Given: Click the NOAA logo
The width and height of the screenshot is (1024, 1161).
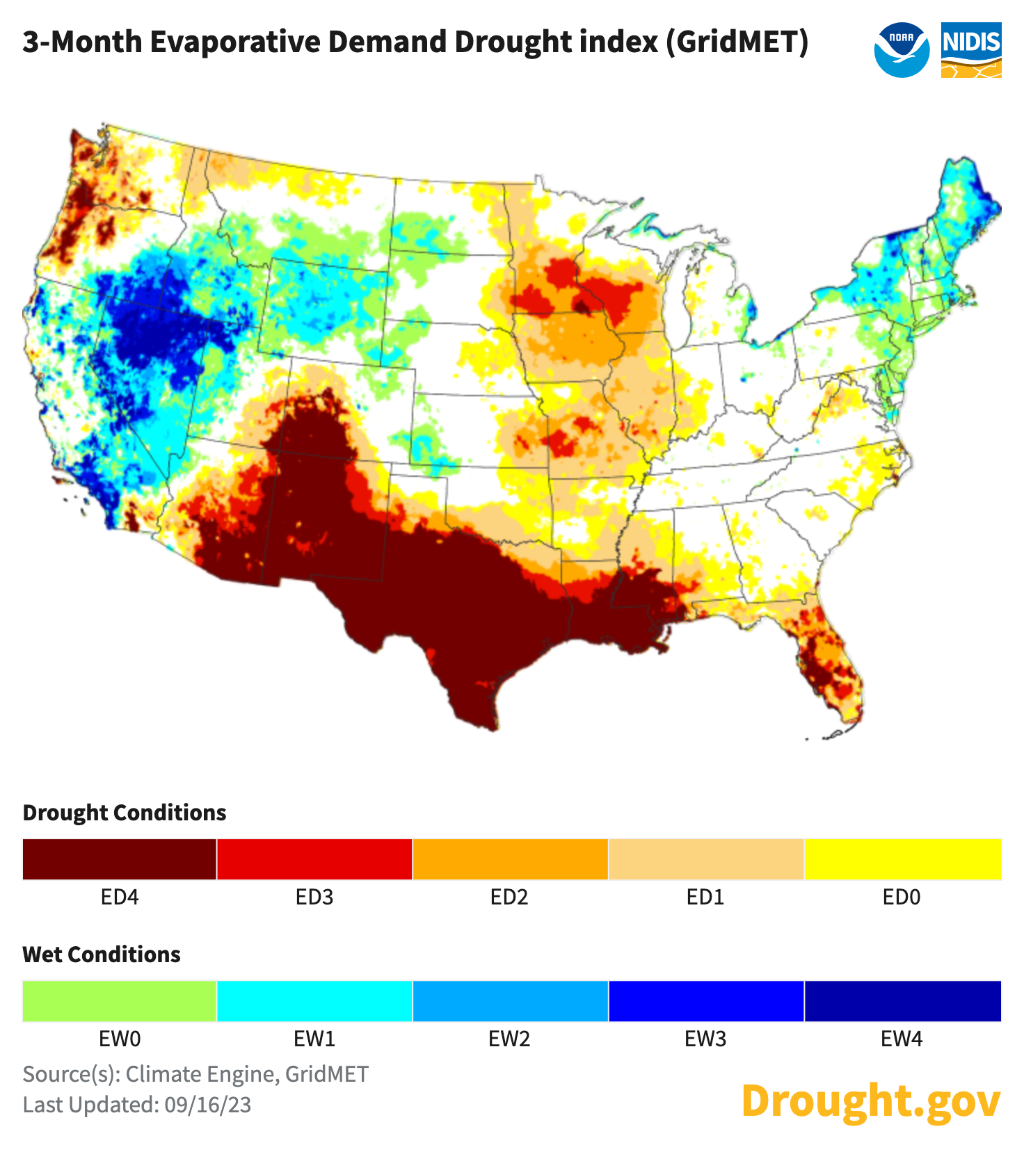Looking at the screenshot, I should point(902,49).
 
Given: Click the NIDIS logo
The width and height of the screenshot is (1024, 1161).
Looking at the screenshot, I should point(971,49).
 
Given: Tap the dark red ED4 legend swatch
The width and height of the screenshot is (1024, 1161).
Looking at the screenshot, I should point(119,859).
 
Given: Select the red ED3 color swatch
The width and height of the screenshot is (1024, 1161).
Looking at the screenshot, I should point(314,859).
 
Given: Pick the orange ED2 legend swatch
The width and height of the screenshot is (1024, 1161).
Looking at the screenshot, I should point(510,859).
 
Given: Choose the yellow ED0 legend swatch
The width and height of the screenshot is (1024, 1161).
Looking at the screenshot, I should point(902,859).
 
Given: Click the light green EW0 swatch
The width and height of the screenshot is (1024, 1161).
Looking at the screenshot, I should point(119,1001).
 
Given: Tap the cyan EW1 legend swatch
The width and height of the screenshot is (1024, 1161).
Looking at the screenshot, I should point(314,1001).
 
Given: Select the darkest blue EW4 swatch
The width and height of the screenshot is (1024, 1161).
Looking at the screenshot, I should point(902,1001).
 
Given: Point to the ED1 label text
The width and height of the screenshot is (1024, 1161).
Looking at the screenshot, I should point(705,898).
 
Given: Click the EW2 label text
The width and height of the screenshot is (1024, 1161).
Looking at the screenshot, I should point(509,1039).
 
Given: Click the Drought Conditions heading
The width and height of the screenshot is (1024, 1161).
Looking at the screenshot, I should point(125,813).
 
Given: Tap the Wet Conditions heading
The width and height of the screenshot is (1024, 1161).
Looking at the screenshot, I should point(102,955).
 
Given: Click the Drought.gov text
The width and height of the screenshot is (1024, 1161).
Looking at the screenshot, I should point(871,1101).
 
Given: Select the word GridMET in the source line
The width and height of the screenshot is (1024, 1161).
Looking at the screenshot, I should point(327,1074).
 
